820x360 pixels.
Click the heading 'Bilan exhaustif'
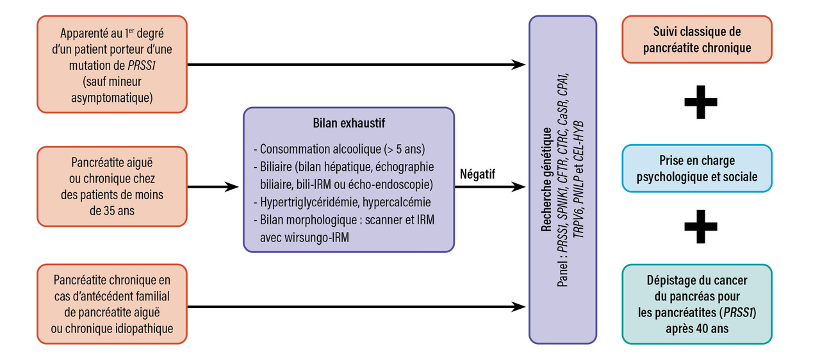point(348,122)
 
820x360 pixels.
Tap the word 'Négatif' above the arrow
point(478,173)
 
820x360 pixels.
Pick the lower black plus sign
point(700,227)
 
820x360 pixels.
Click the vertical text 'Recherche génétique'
point(546,179)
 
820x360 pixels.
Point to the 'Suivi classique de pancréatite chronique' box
point(697,40)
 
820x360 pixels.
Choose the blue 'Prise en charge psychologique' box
point(697,168)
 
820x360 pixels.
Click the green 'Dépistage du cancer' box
point(697,304)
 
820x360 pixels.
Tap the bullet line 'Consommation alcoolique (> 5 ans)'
point(339,149)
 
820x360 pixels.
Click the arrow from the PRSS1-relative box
point(356,64)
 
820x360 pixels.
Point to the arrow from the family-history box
point(356,307)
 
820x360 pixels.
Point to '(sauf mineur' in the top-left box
point(112,82)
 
